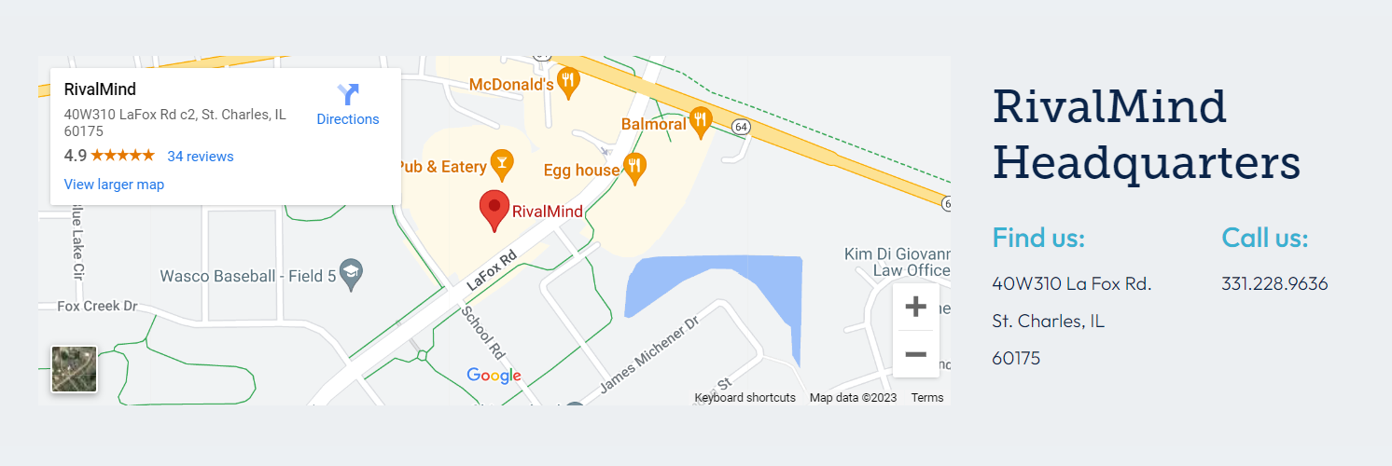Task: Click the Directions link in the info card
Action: click(x=348, y=104)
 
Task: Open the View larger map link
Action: click(x=114, y=185)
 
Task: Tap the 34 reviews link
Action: click(x=201, y=157)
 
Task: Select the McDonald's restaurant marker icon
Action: click(x=567, y=83)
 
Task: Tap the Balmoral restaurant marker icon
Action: click(x=701, y=122)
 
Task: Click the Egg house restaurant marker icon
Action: click(x=634, y=169)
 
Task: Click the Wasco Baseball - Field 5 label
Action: click(x=247, y=276)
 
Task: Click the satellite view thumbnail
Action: click(x=74, y=369)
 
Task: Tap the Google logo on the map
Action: click(x=494, y=376)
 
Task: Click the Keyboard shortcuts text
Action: click(x=745, y=398)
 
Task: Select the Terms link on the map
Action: click(x=927, y=398)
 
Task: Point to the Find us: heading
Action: click(x=1038, y=238)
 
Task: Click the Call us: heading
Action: click(x=1265, y=238)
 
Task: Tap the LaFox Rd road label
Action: click(x=492, y=269)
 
